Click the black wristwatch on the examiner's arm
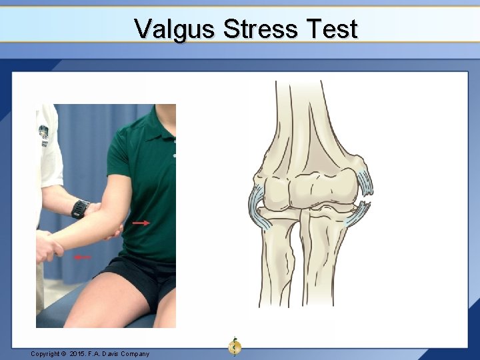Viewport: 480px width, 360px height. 81,209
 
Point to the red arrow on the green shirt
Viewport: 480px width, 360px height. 141,223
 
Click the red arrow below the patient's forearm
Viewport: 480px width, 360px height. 83,257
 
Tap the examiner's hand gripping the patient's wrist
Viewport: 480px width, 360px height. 48,243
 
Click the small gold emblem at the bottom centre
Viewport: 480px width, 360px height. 234,345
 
